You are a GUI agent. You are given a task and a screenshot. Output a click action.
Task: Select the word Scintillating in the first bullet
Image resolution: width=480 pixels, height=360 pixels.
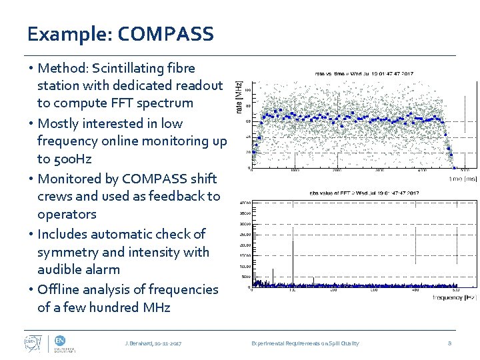click(125, 68)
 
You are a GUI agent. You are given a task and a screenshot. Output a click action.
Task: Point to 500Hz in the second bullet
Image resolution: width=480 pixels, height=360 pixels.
click(73, 159)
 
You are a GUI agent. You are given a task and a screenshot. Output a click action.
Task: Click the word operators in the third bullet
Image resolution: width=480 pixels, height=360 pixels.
click(67, 214)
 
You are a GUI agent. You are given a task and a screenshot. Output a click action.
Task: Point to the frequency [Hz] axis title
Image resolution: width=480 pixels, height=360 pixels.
click(454, 297)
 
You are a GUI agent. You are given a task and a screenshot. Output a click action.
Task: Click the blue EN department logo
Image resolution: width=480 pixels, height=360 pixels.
click(60, 340)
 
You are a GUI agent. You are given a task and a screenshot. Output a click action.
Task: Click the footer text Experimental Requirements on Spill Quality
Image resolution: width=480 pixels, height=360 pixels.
click(305, 343)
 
